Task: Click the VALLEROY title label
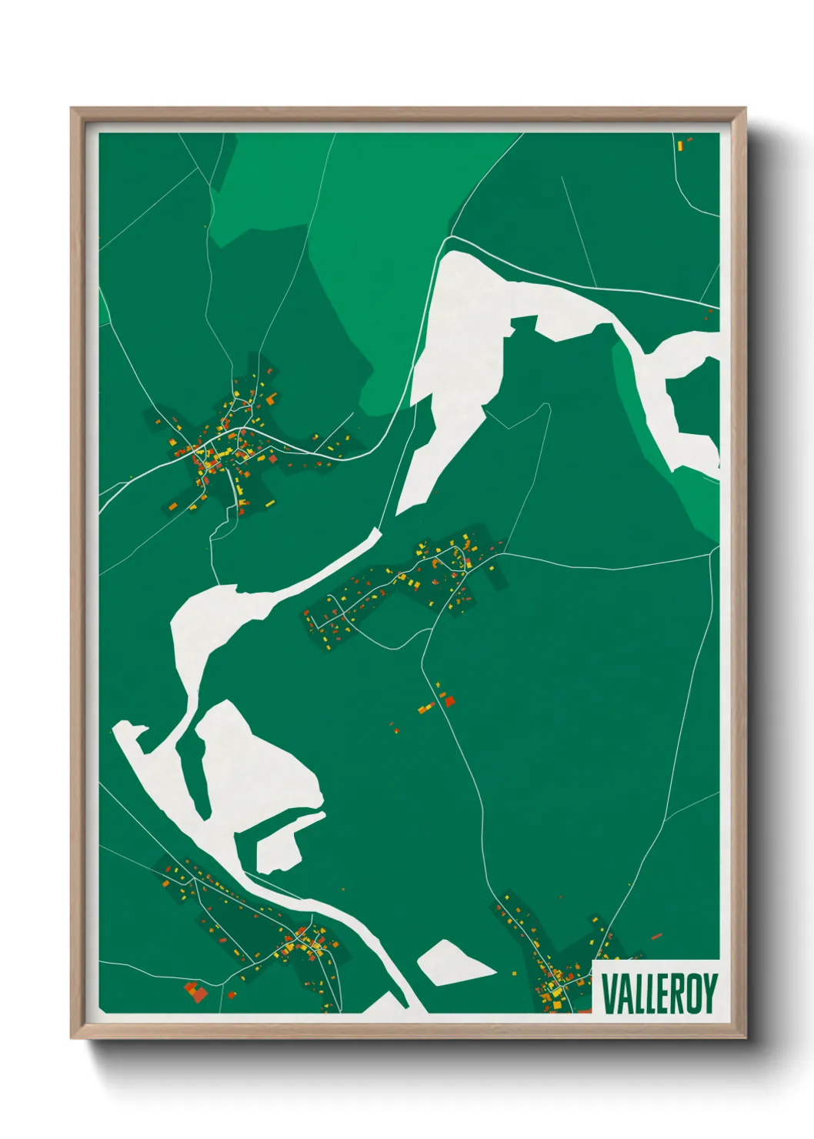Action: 659,994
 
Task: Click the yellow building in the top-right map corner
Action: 680,144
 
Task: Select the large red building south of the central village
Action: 449,701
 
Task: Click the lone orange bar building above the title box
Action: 656,937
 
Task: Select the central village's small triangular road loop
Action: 459,556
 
